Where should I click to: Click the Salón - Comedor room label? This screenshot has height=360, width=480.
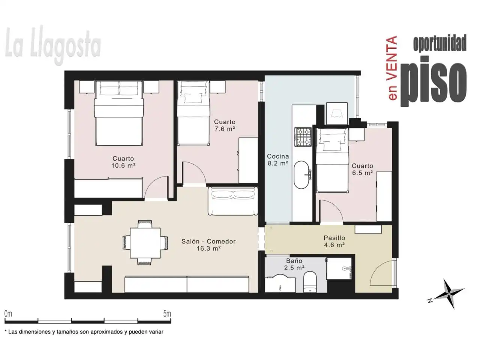[208, 241]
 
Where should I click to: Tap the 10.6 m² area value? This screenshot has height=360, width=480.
[123, 165]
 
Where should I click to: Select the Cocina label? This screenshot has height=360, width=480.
[278, 156]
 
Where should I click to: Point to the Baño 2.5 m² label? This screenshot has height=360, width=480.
[294, 264]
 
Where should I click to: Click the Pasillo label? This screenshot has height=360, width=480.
[334, 238]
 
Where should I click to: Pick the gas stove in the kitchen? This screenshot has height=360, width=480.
[303, 137]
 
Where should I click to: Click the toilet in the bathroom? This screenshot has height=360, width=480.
[310, 282]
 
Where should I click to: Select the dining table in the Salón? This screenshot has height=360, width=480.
[145, 243]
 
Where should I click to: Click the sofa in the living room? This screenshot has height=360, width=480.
[233, 201]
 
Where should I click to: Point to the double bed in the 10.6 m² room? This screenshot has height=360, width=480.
[119, 113]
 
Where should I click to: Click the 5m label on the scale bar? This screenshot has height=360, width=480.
[167, 314]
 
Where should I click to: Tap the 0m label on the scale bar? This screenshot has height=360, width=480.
[8, 314]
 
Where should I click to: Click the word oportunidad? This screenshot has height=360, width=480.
[440, 43]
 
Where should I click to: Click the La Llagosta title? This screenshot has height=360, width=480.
[53, 45]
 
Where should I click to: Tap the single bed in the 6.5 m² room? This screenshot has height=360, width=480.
[332, 160]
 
